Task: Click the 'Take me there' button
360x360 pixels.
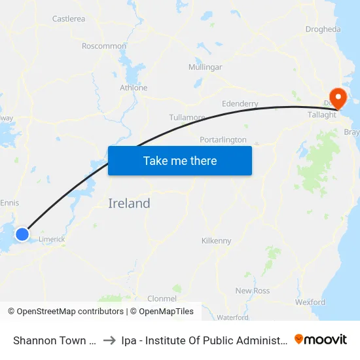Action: [x=180, y=160]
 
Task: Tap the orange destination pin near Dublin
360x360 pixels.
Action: [x=338, y=99]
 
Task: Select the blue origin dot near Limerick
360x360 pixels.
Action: [x=22, y=234]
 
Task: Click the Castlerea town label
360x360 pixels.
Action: [x=69, y=19]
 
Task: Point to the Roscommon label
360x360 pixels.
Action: [x=104, y=46]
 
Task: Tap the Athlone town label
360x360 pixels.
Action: [x=134, y=88]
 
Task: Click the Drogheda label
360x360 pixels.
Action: [x=323, y=29]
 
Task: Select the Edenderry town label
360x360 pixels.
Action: [x=240, y=103]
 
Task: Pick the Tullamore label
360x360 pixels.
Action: [x=187, y=117]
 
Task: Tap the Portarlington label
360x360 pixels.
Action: [x=223, y=140]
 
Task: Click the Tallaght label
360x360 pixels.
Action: [x=322, y=115]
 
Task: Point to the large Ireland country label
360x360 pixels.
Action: [x=129, y=204]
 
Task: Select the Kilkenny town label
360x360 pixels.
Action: [x=217, y=241]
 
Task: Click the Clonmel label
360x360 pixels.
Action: [x=162, y=298]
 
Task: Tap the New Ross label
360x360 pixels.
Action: [x=253, y=291]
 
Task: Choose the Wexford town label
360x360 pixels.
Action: [x=310, y=302]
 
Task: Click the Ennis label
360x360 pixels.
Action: [x=10, y=203]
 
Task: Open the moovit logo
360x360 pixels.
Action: [x=321, y=339]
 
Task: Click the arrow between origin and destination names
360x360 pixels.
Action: [x=109, y=340]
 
